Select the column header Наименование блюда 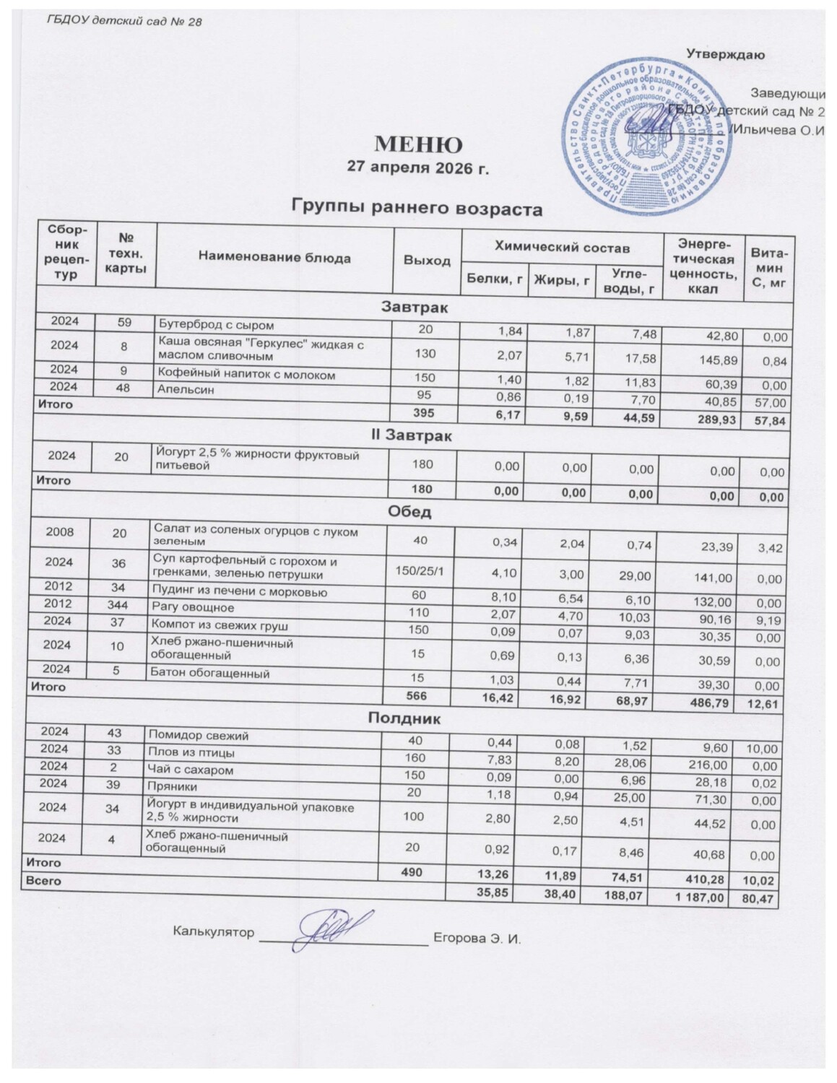(x=274, y=258)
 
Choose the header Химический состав (x=563, y=248)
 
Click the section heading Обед (x=409, y=513)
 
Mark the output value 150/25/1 (x=414, y=570)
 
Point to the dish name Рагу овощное (x=183, y=607)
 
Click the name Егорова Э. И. (x=477, y=939)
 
